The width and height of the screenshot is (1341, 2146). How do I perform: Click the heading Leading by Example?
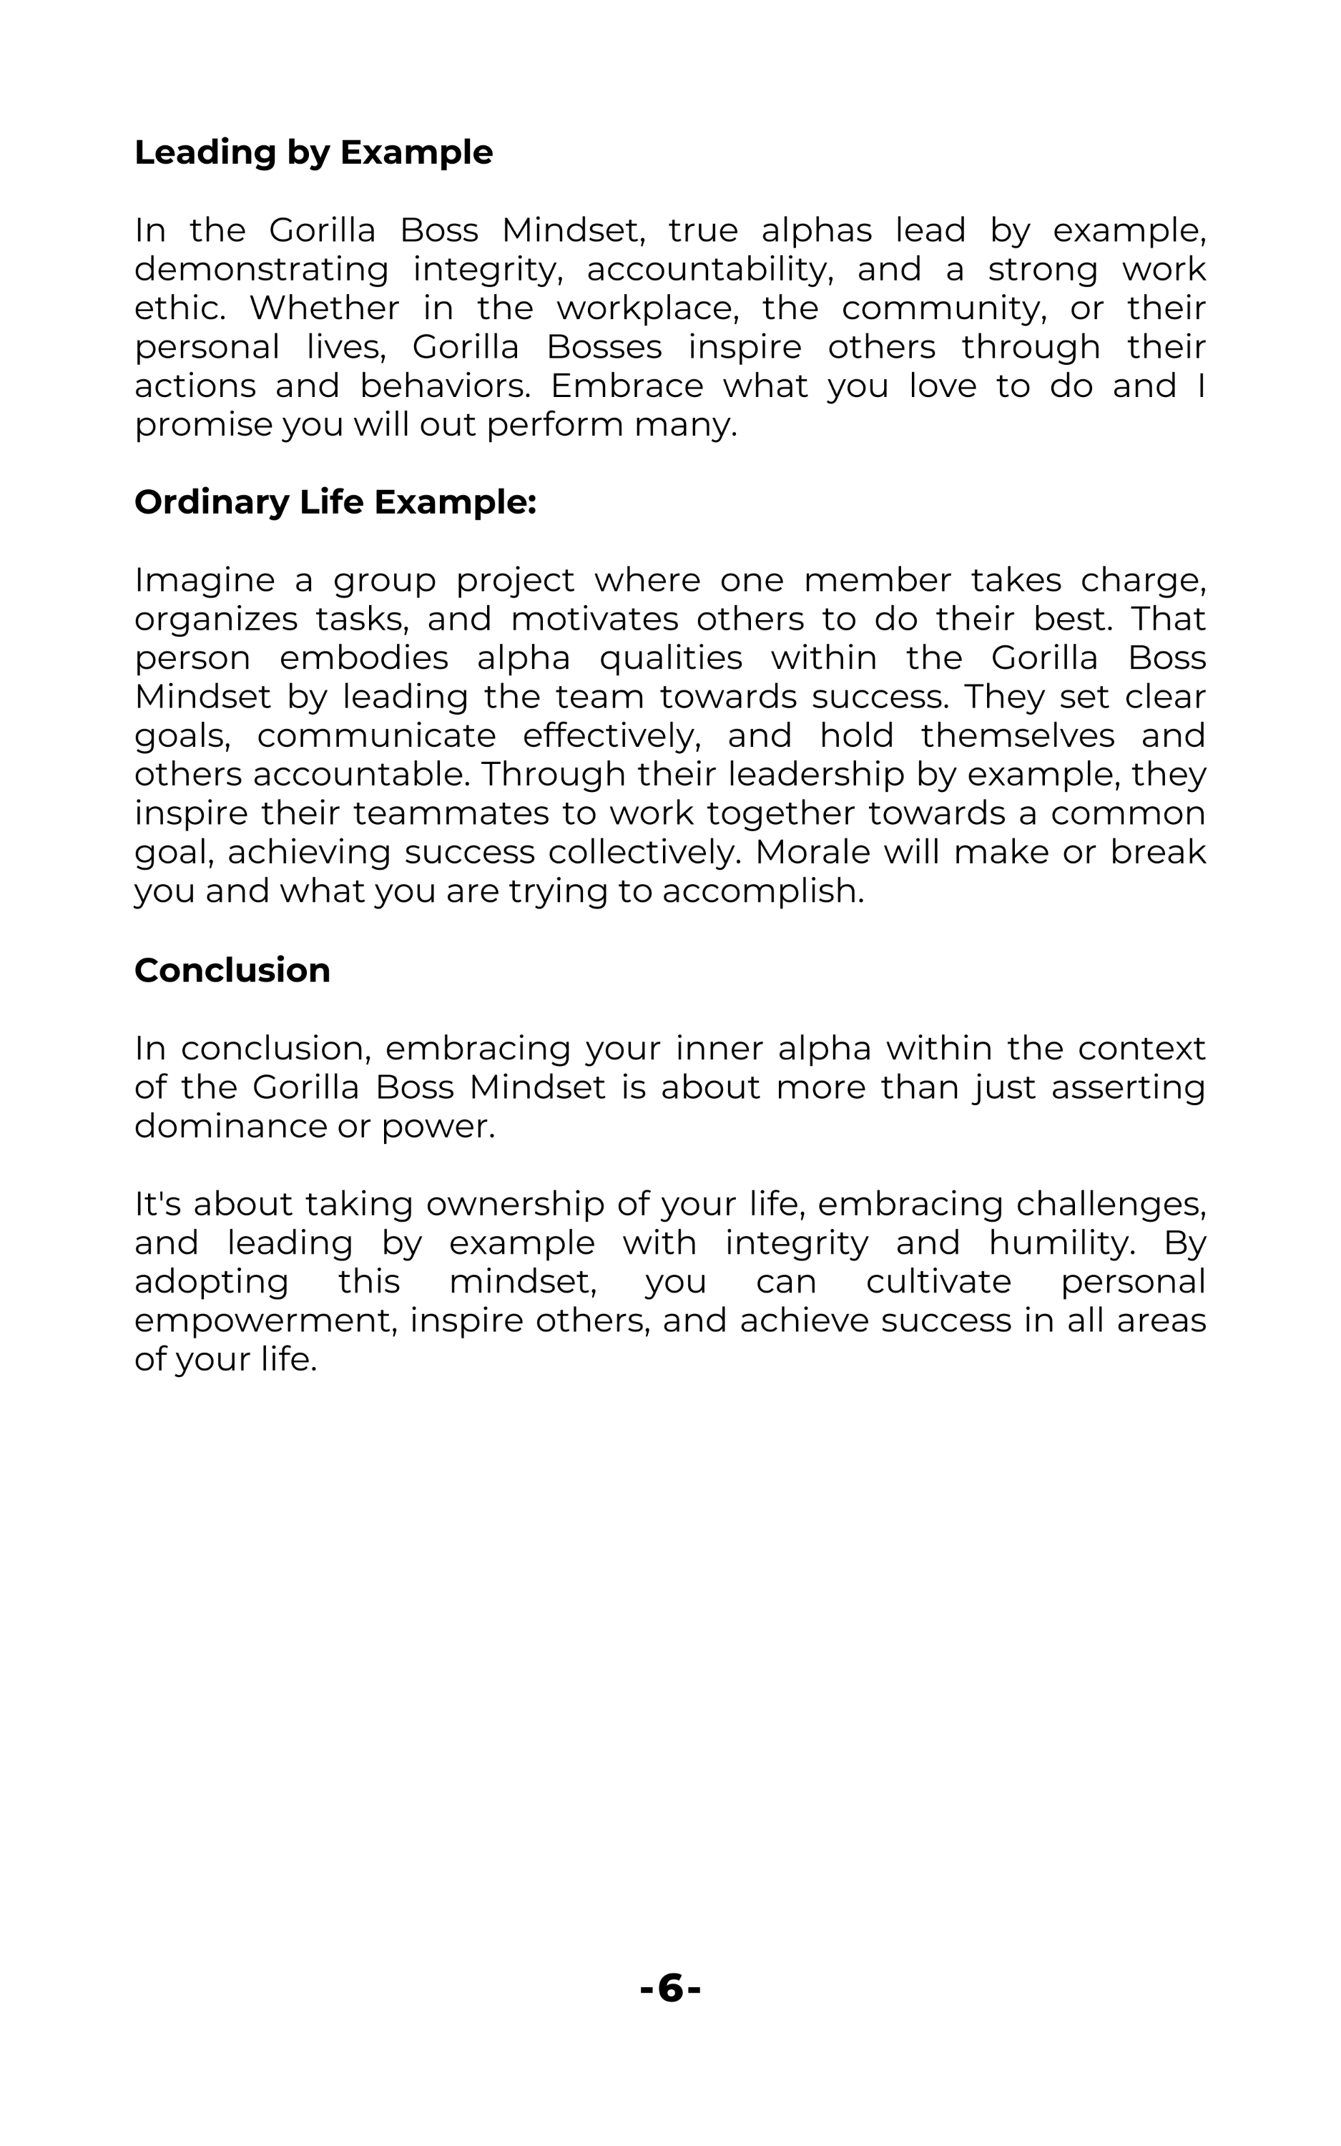313,152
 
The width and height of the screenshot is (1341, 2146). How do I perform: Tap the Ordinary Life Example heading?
335,502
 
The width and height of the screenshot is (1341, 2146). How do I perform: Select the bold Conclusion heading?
232,970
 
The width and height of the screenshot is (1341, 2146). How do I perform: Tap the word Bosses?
604,347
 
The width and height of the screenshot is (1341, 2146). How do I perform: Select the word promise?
203,425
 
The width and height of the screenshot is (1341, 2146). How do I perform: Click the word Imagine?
205,581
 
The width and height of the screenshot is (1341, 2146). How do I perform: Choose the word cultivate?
938,1283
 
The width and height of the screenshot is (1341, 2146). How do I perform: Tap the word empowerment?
265,1321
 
